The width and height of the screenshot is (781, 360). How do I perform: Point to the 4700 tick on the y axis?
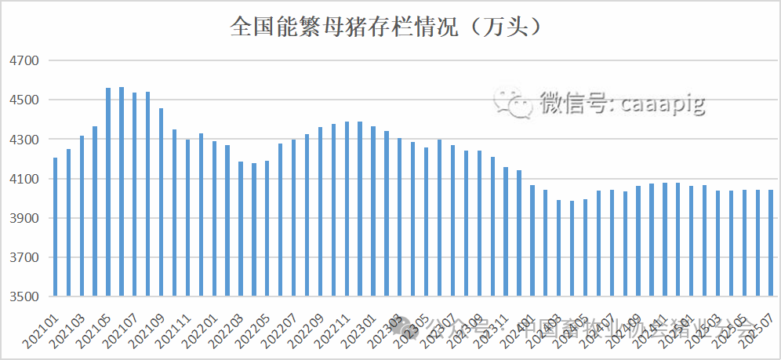coord(23,60)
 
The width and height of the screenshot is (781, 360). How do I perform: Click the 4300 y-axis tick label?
coord(23,140)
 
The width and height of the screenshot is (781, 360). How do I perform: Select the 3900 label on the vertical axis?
coord(23,219)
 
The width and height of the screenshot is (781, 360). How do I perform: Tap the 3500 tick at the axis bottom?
coord(23,297)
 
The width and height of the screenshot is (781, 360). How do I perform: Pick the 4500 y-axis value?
coord(23,100)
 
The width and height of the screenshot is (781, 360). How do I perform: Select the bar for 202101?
coord(56,227)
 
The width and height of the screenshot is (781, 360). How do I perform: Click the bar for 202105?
coord(108,192)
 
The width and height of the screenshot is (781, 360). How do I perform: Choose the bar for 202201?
coord(214,219)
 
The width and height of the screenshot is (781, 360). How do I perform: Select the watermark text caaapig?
coord(663,103)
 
